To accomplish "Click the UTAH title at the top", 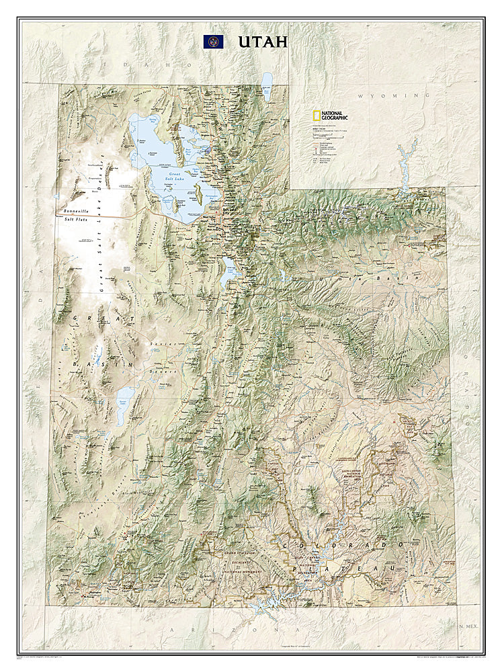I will pos(262,42).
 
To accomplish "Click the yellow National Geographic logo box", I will pos(315,115).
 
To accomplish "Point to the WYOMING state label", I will pos(393,96).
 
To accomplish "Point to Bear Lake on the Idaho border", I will pos(267,86).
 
